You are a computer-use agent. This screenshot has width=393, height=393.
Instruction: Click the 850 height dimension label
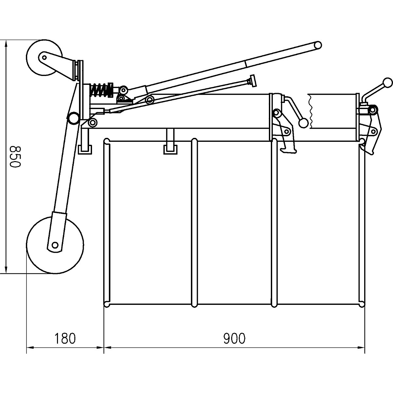pos(15,157)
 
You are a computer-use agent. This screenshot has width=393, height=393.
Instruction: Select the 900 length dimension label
pos(234,339)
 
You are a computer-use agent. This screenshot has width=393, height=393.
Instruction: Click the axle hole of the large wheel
pos(55,244)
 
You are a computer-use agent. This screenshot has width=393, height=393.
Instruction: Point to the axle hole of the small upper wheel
pos(44,57)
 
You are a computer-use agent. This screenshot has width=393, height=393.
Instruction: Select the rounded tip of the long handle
pos(317,45)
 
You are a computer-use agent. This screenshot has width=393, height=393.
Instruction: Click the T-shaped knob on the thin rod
pos(252,81)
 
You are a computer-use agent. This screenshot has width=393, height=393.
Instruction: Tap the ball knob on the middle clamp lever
pos(303,123)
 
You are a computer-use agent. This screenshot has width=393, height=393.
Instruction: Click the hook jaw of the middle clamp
pos(289,149)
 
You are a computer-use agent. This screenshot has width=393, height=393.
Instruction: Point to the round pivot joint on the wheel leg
pos(73,118)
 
